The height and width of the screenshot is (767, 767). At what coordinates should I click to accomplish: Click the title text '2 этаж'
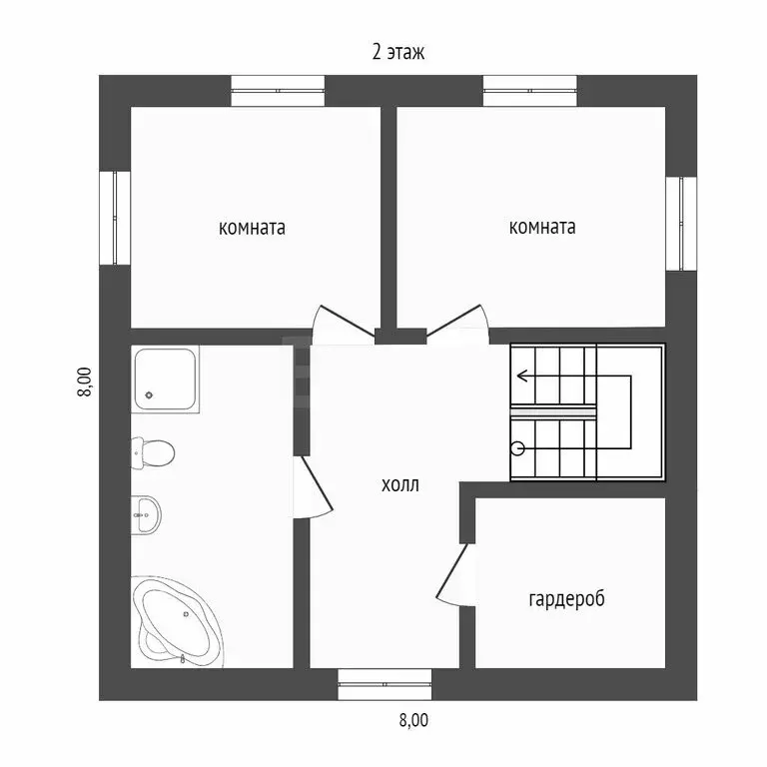tap(398, 53)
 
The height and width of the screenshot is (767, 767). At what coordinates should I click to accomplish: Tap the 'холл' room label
tap(400, 486)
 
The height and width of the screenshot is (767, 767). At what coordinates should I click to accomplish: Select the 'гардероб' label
tap(566, 599)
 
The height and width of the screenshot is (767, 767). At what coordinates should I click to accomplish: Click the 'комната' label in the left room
tap(252, 228)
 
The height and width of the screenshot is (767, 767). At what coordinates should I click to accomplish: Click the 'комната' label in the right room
tap(541, 227)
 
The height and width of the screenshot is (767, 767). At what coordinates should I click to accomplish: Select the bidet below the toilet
tap(147, 515)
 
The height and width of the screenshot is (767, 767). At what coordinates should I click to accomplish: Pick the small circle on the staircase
tap(518, 448)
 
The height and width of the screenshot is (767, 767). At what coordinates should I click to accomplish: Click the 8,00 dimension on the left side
tap(84, 383)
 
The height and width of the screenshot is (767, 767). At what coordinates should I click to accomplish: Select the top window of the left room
tap(279, 91)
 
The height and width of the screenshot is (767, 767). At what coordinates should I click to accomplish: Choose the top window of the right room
tap(530, 91)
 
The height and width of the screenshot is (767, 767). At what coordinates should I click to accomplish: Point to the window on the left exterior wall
tap(115, 218)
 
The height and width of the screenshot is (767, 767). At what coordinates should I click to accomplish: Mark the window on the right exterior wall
tap(682, 224)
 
